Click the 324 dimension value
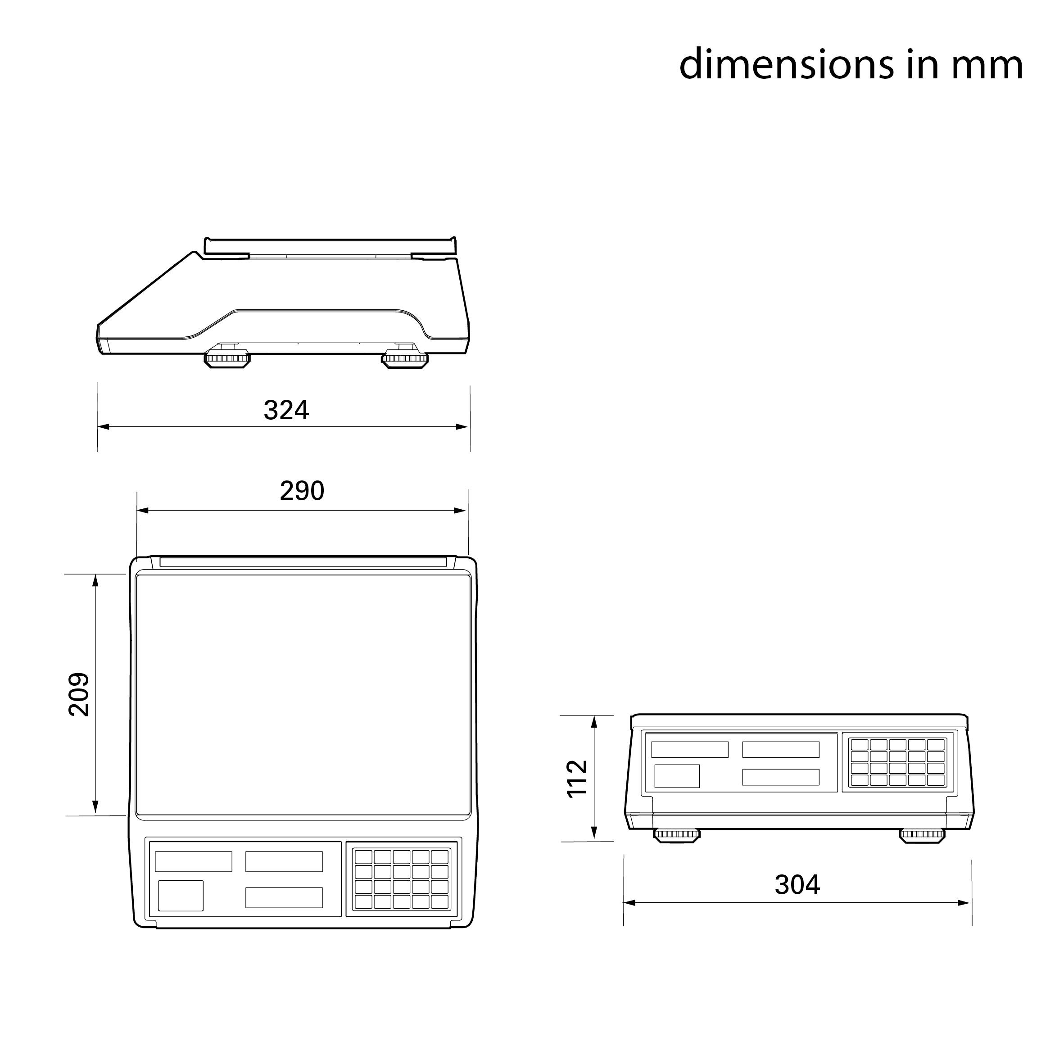click(286, 410)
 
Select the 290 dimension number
click(302, 491)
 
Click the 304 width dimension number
click(797, 884)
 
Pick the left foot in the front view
click(677, 835)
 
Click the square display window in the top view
click(181, 896)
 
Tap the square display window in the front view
click(676, 776)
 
